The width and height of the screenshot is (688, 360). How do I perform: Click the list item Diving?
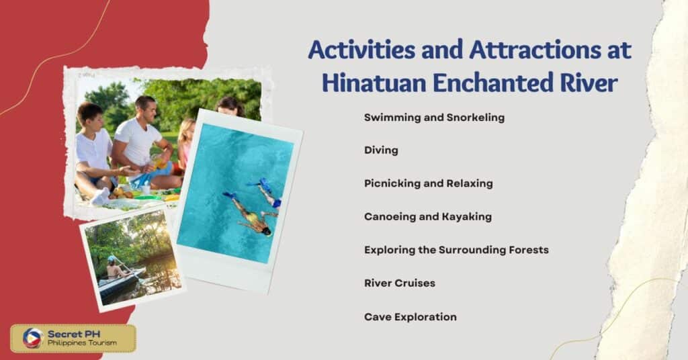381,150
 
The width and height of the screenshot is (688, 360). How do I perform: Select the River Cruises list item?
400,283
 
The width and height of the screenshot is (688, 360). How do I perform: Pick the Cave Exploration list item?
410,316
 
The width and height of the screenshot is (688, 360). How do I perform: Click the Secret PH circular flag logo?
32,338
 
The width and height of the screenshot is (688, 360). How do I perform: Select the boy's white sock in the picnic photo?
101,196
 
